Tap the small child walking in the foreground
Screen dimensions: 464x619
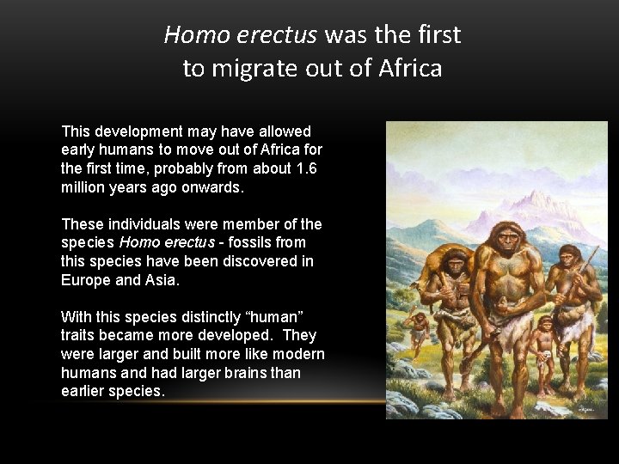pyautogui.click(x=543, y=344)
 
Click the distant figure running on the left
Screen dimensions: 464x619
pyautogui.click(x=420, y=329)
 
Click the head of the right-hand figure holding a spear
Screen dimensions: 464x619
pyautogui.click(x=568, y=256)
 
